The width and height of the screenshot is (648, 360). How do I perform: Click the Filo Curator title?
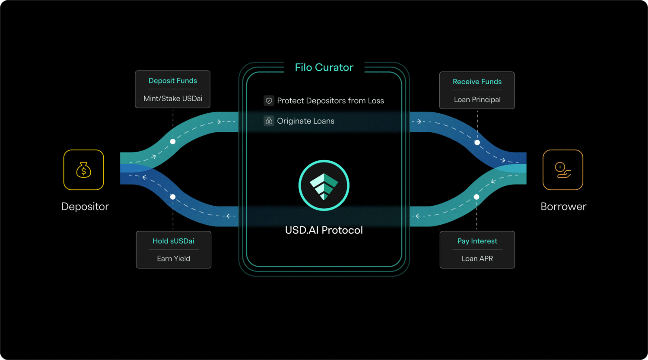(324, 67)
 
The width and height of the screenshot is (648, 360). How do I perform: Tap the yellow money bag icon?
(84, 170)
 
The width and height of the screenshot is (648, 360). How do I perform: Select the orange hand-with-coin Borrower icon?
(562, 170)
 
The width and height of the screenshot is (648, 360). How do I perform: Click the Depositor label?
(85, 207)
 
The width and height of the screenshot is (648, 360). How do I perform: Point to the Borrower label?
(563, 207)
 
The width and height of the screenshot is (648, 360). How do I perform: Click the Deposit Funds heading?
(173, 81)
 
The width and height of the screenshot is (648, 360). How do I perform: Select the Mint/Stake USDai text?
(173, 99)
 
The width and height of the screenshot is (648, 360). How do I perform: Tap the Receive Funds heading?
(477, 82)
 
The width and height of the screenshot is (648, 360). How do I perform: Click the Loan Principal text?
(477, 100)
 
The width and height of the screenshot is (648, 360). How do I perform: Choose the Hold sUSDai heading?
(173, 241)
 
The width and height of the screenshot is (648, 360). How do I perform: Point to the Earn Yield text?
(173, 259)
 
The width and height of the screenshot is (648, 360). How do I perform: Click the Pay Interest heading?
(477, 241)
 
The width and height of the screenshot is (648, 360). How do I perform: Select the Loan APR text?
(477, 259)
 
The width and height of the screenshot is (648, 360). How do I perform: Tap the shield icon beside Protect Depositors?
(269, 101)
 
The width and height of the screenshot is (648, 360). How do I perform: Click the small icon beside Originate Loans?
(269, 121)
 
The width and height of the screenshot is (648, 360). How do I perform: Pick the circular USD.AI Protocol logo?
(324, 185)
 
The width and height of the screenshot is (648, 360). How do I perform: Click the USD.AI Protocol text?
(324, 230)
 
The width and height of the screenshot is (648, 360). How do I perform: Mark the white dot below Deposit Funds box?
(173, 141)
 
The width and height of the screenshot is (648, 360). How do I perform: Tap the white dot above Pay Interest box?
(476, 197)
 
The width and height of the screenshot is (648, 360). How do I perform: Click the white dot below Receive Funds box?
(477, 142)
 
